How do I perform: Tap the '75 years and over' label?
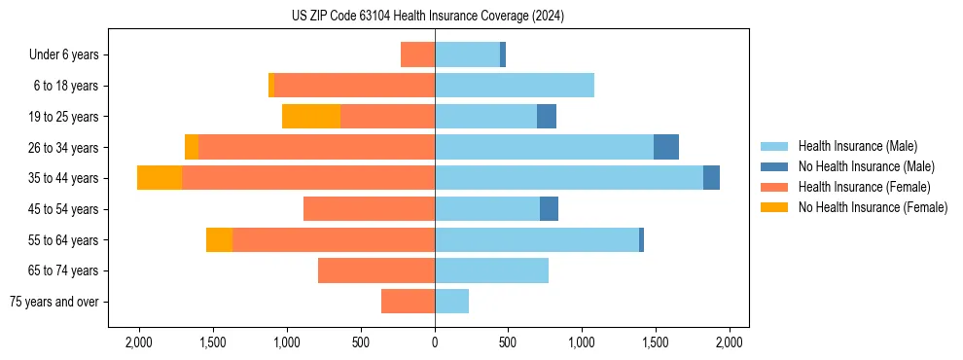[x=54, y=302]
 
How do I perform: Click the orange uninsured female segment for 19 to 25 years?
[x=310, y=116]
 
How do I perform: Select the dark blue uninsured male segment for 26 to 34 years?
[x=665, y=147]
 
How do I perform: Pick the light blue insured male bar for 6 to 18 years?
[x=514, y=86]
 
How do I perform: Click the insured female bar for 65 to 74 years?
[x=375, y=270]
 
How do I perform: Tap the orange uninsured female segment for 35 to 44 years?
[x=160, y=178]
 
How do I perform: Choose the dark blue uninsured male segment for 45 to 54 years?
[x=549, y=208]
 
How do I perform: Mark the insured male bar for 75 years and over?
[x=451, y=302]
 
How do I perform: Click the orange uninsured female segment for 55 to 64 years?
[x=219, y=239]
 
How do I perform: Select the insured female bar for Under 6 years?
[x=417, y=54]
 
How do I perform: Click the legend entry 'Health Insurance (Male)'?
[x=857, y=146]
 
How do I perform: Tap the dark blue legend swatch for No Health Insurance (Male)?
[x=774, y=166]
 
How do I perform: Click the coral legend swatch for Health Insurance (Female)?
[x=774, y=187]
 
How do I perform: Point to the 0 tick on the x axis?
[x=435, y=342]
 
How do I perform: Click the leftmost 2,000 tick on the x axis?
[x=138, y=342]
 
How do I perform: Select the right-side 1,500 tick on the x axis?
[x=656, y=342]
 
